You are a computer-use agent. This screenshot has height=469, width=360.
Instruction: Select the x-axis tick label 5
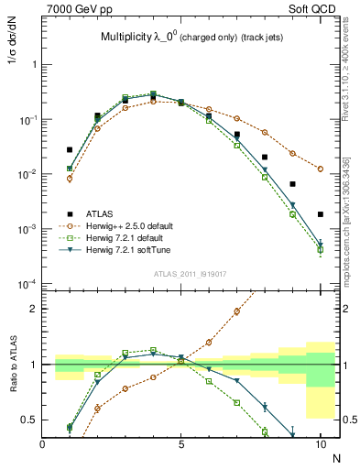click(181, 444)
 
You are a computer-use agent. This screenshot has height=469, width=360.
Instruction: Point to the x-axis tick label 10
click(320, 444)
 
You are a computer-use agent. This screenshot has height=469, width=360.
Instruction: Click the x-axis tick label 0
click(43, 444)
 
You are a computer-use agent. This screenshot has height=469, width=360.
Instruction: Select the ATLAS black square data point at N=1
click(70, 149)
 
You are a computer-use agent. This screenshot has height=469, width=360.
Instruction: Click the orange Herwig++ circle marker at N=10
click(320, 169)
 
